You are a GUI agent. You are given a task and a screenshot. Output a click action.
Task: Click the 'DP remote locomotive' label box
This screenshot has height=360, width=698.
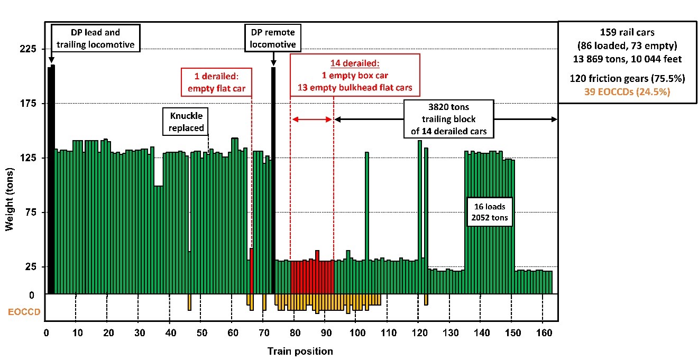point(272,38)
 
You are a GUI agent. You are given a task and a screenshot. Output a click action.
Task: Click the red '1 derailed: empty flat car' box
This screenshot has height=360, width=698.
point(216,81)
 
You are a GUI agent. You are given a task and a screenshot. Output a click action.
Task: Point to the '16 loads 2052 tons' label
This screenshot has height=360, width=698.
point(489,212)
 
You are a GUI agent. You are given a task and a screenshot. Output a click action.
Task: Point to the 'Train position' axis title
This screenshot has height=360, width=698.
point(300,351)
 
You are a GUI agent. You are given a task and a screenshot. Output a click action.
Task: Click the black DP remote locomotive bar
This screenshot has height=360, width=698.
point(273,180)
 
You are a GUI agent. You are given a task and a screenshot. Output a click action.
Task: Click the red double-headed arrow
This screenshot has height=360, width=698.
point(313,119)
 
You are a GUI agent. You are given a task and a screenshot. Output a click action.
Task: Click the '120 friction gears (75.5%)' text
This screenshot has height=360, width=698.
point(627,78)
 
